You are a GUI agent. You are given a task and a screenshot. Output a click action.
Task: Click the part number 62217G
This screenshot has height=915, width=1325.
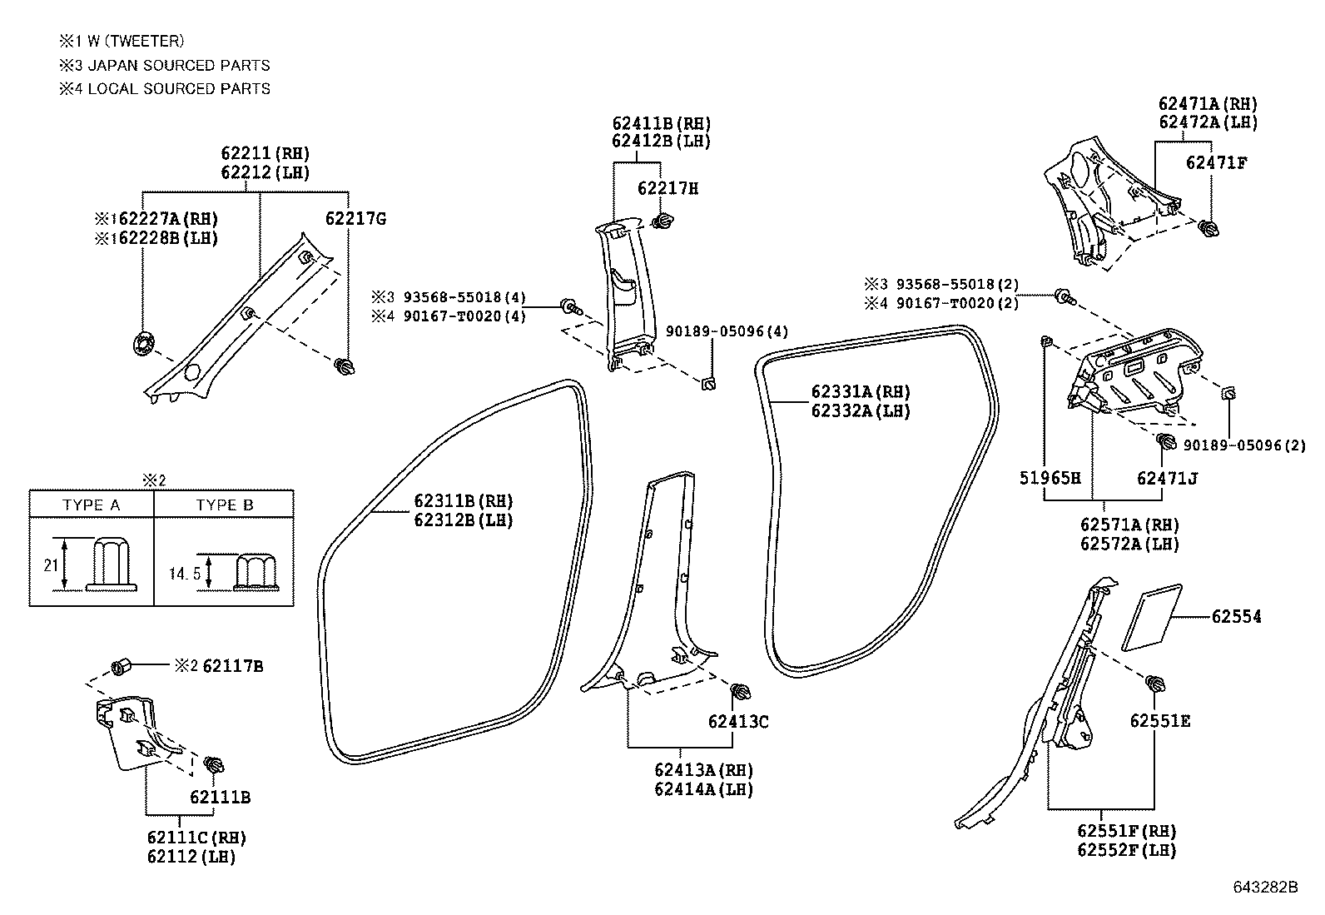(355, 219)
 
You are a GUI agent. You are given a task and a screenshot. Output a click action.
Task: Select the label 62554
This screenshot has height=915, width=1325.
(1236, 617)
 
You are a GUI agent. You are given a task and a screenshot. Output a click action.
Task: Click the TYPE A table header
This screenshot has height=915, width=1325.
(91, 505)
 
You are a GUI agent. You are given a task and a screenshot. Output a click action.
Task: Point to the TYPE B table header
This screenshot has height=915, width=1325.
(224, 505)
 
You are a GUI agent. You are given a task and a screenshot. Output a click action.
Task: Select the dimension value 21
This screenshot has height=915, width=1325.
(51, 565)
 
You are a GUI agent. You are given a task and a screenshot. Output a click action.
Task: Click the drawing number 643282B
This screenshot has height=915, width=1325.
(1265, 887)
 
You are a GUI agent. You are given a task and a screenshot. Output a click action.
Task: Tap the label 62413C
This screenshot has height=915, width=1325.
(738, 722)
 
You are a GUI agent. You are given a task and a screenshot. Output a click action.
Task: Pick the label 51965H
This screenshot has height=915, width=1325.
(1050, 478)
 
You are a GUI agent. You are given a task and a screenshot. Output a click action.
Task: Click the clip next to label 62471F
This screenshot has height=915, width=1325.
(1208, 227)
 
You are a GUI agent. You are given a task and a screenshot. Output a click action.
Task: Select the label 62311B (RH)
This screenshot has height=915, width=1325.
(463, 501)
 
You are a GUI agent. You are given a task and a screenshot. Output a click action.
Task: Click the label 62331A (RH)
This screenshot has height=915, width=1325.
(861, 392)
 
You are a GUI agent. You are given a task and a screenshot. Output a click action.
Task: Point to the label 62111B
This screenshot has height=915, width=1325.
(220, 798)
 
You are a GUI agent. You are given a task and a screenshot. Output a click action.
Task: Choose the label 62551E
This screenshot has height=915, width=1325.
(1159, 721)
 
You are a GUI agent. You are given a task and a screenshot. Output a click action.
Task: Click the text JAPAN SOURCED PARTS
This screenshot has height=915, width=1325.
(178, 65)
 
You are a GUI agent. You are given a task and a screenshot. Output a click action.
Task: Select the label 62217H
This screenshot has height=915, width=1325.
(667, 188)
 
